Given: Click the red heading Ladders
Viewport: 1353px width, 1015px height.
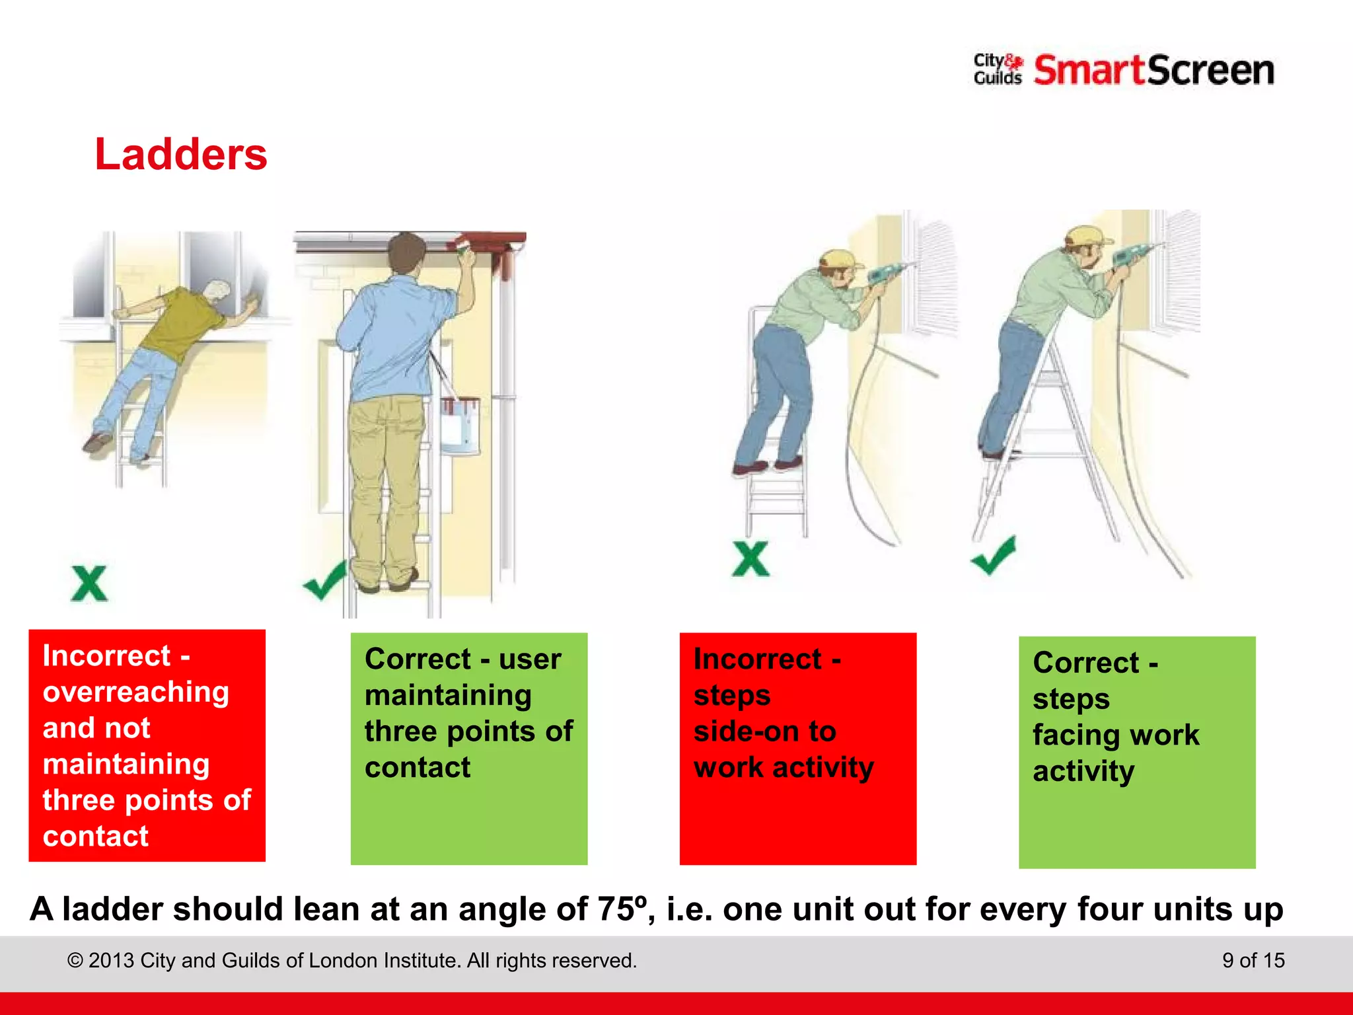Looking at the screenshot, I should coord(180,155).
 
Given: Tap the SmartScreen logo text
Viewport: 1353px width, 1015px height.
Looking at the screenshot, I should coord(1153,71).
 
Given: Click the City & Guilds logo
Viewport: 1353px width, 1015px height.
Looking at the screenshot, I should coord(998,69).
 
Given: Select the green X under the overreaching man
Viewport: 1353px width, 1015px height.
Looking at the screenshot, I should coord(89,583).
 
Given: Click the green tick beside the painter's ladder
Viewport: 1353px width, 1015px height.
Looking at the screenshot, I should coord(325,580).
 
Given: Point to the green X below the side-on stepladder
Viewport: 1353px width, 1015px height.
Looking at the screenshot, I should coord(750,559).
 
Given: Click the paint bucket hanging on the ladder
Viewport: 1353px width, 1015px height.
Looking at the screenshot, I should coord(460,425).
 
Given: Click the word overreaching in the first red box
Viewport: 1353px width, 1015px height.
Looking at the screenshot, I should coord(135,692).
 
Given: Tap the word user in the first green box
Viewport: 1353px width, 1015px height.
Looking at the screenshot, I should coord(530,659).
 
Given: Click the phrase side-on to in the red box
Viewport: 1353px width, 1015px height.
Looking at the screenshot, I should coord(764,732).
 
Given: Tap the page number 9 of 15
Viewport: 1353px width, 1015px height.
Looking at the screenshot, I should coord(1253,960).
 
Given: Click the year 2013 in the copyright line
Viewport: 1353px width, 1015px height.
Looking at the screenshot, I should coord(112,960).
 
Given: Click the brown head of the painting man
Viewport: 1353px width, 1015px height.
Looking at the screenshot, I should coord(406,255).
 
